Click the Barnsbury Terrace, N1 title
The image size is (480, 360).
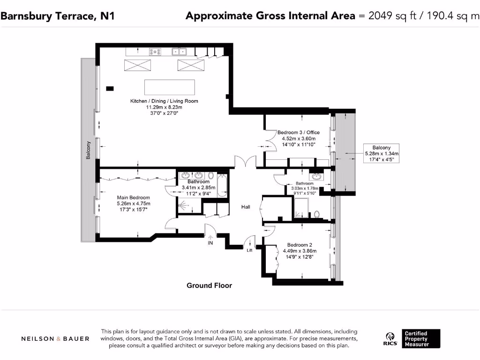[x=58, y=16]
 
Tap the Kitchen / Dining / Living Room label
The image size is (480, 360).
[x=164, y=101]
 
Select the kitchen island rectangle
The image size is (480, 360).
[x=170, y=87]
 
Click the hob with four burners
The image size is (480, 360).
[x=155, y=52]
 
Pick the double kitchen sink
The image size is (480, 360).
[x=179, y=52]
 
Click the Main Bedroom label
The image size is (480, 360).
[x=134, y=198]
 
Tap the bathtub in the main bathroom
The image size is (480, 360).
[x=222, y=186]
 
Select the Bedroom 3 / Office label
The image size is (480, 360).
[x=299, y=133]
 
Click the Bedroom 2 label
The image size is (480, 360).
[x=300, y=245]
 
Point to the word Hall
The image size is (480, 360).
[x=246, y=207]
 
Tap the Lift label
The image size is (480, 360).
[x=249, y=250]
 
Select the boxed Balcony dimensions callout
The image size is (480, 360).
[x=382, y=153]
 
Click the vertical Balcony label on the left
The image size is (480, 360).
[x=88, y=150]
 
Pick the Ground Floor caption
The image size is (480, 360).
[x=210, y=285]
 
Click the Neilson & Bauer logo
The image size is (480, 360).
[x=55, y=339]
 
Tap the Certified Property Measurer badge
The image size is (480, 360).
[x=421, y=338]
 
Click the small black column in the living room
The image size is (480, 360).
[x=110, y=89]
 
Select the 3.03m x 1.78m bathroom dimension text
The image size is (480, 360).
[x=305, y=188]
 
